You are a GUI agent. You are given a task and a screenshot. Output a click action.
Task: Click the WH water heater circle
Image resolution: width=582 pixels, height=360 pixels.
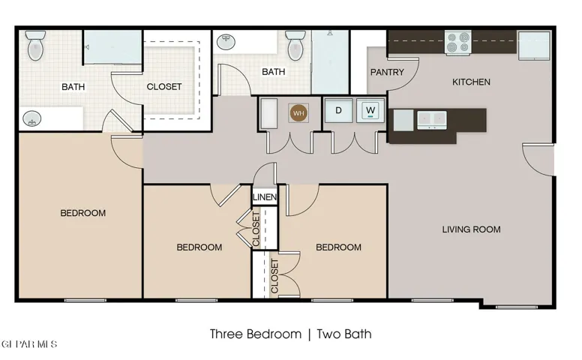click(298, 112)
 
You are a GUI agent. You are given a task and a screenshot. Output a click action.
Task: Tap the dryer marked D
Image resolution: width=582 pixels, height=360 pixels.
click(338, 110)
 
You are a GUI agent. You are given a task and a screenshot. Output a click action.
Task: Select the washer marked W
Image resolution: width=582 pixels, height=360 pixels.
click(370, 110)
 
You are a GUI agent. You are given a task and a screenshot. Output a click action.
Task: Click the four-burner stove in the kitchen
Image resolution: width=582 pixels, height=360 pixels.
click(458, 43)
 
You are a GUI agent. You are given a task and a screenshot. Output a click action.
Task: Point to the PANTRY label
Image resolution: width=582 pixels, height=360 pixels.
click(387, 72)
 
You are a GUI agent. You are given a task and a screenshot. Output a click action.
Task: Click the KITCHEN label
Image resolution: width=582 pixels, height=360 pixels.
click(471, 82)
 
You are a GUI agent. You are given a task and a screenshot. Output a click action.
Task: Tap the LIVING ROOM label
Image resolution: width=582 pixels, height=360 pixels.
click(471, 229)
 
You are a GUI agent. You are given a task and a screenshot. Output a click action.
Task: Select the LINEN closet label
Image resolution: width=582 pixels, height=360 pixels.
click(265, 197)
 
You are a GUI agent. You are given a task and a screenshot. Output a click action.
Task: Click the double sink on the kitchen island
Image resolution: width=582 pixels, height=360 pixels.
click(432, 120)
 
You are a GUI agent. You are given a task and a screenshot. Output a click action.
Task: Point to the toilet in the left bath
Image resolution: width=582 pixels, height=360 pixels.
click(36, 45)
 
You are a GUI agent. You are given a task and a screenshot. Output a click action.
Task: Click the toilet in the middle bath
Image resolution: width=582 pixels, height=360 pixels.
click(295, 45)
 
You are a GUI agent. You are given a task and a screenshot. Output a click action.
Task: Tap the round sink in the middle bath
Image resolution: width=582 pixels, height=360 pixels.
click(226, 42)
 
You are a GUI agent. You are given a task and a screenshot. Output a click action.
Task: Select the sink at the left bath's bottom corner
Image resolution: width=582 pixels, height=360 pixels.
click(32, 119)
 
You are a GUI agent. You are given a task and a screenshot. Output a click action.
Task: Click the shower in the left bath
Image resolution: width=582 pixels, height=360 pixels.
click(112, 47)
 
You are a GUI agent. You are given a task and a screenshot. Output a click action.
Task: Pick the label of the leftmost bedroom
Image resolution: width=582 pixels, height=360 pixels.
click(82, 213)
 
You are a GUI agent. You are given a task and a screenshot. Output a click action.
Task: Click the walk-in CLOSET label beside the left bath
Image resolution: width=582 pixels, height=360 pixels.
click(164, 87)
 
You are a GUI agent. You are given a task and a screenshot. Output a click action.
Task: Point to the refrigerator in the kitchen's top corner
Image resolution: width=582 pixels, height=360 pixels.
click(534, 45)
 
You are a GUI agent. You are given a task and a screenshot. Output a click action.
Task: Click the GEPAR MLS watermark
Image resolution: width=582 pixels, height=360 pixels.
click(28, 344)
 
